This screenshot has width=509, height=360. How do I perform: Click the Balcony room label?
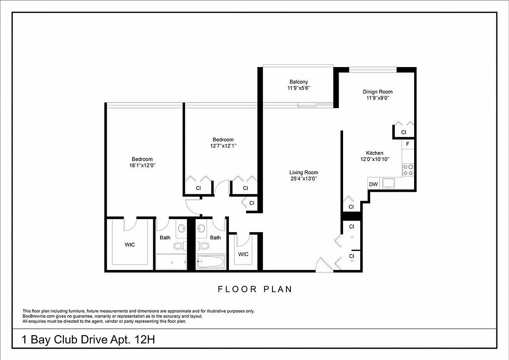[x=299, y=82]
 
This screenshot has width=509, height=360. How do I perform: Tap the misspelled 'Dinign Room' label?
[x=378, y=92]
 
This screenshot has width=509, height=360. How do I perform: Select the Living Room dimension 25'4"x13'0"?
[x=304, y=179]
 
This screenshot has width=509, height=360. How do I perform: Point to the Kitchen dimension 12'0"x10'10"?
[x=375, y=159]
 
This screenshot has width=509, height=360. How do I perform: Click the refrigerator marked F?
[x=407, y=144]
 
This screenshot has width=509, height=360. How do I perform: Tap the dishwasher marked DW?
[x=373, y=184]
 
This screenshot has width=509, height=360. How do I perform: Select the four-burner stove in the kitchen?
[x=408, y=170]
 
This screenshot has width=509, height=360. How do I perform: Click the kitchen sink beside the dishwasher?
[x=388, y=183]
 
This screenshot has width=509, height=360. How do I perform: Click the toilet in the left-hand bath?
[x=178, y=245]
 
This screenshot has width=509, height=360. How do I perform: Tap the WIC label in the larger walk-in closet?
[x=129, y=245]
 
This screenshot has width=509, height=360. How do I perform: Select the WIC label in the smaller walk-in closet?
[x=243, y=254]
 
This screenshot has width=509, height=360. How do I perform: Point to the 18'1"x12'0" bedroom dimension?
[x=142, y=165]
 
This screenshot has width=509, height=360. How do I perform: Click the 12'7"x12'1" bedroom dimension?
[x=223, y=146]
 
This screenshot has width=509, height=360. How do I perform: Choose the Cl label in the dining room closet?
[x=403, y=132]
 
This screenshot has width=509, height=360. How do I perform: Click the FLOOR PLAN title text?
[x=255, y=289]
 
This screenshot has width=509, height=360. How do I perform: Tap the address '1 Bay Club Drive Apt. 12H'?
[x=89, y=339]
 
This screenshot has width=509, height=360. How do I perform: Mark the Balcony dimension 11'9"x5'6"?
[x=299, y=88]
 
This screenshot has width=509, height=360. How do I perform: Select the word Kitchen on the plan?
[x=375, y=153]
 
